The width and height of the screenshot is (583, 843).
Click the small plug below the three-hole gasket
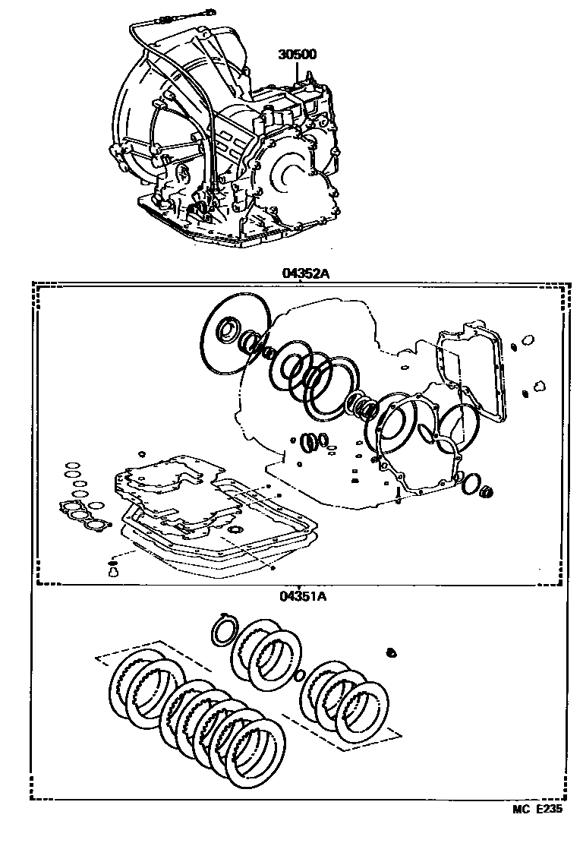coord(115,570)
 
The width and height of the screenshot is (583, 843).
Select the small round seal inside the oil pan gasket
coord(235,529)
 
